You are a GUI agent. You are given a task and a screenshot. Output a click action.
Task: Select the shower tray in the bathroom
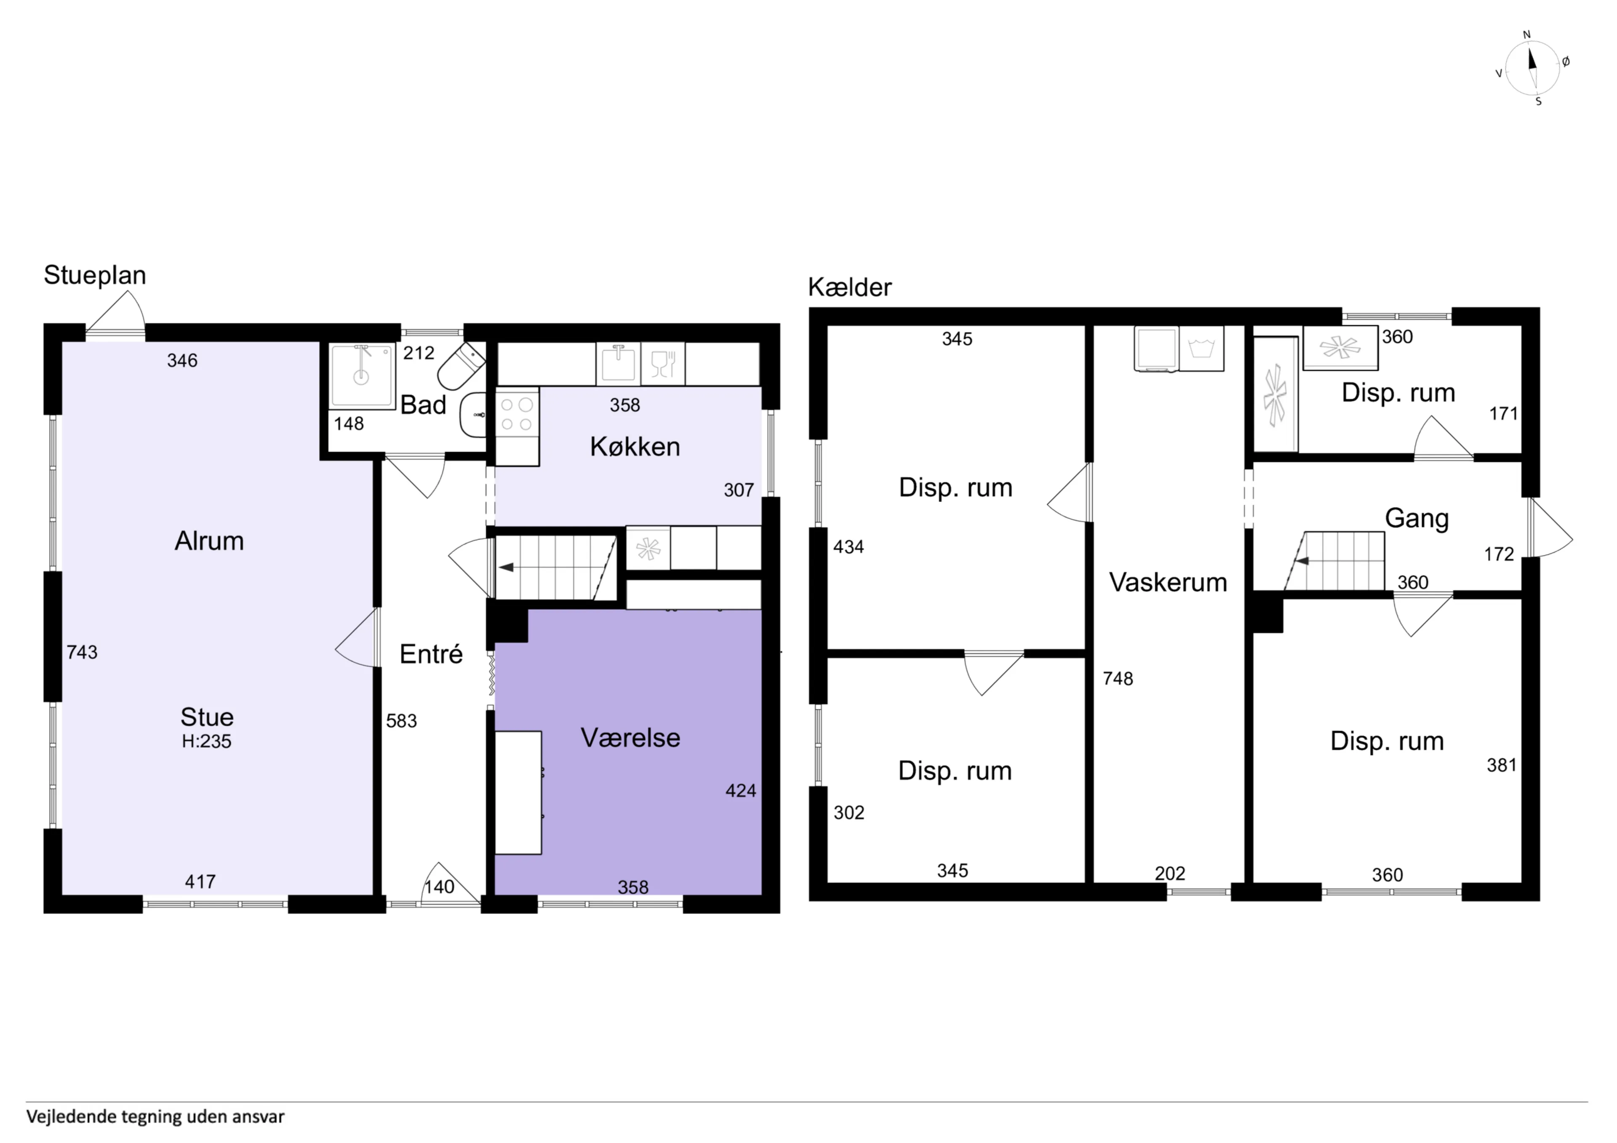point(362,376)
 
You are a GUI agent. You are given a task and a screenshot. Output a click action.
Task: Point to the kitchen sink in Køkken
point(618,364)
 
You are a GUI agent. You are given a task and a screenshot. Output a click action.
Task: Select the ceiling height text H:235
point(206,741)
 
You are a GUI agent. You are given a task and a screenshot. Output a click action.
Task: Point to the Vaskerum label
point(1168,582)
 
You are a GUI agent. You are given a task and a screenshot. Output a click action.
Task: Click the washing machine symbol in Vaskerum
point(1201,348)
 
